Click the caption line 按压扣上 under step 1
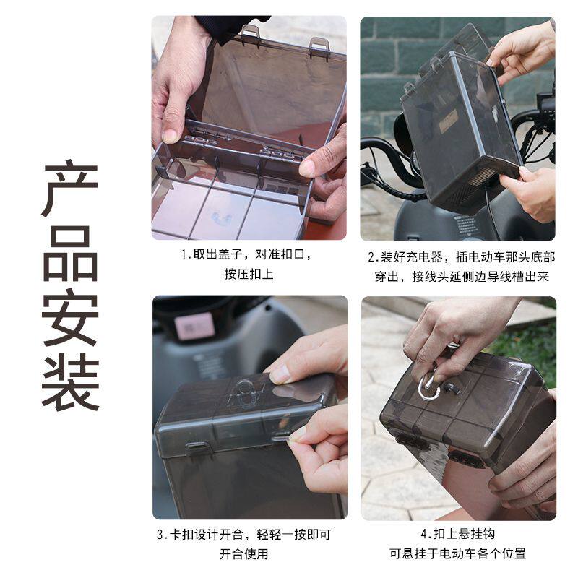[249, 275]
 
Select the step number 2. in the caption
[374, 256]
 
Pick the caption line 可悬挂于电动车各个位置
[457, 553]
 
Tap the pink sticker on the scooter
[194, 326]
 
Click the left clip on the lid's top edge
[250, 33]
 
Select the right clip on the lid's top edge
[319, 47]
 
